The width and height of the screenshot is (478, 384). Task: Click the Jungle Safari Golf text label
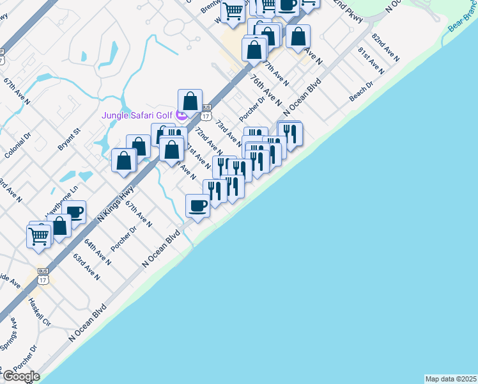click(138, 115)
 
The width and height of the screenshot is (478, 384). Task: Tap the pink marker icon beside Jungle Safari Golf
click(181, 116)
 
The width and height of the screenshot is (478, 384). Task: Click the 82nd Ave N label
click(385, 48)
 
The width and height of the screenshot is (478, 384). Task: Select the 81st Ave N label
click(371, 60)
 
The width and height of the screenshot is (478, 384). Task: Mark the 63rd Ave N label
click(86, 267)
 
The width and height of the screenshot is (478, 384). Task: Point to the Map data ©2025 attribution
click(451, 379)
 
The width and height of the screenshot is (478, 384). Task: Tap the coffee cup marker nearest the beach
click(197, 205)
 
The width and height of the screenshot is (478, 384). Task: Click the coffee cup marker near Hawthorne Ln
click(74, 212)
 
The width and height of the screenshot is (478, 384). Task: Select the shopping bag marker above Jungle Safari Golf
click(190, 101)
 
